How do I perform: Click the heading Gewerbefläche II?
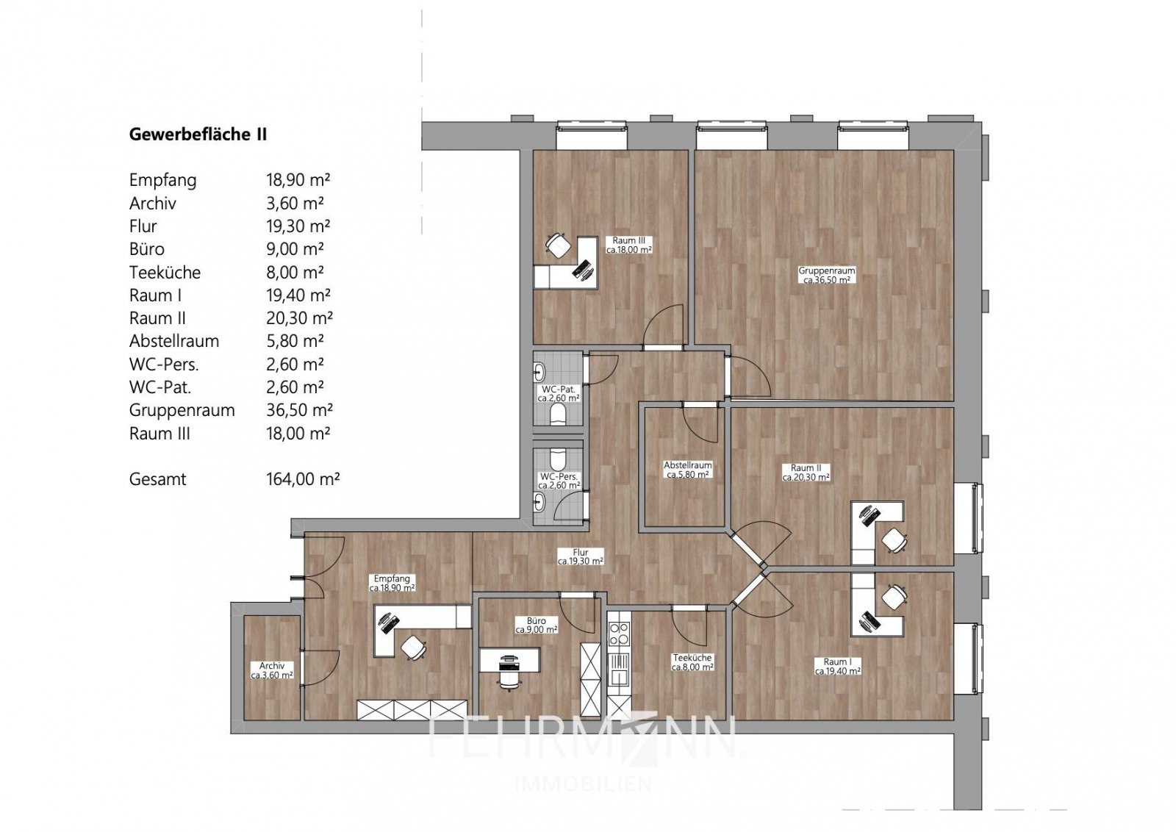pos(198,135)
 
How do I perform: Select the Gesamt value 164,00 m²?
pos(302,479)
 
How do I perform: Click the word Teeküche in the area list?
pos(165,273)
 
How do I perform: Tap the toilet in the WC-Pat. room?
pos(558,416)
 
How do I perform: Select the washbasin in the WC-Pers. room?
pos(540,503)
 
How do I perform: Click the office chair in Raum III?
pos(559,245)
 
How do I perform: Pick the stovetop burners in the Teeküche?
pos(619,634)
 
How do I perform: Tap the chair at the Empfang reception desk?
pos(413,648)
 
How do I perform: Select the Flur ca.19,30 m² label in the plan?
pos(581,556)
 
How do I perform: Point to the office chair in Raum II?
pos(894,541)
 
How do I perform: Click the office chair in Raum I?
pos(893,596)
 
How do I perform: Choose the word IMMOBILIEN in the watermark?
pos(583,783)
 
